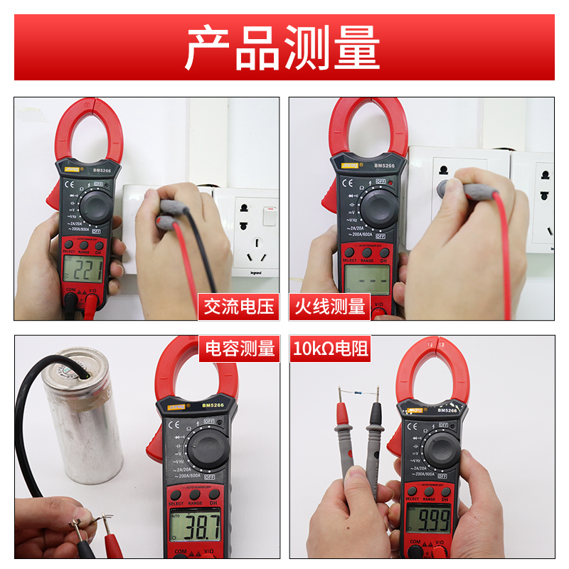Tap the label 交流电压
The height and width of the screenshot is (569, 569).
[238, 307]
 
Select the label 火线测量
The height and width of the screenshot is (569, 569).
[329, 307]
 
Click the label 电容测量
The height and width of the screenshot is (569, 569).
[240, 349]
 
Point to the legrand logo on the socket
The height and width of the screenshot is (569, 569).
[254, 271]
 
